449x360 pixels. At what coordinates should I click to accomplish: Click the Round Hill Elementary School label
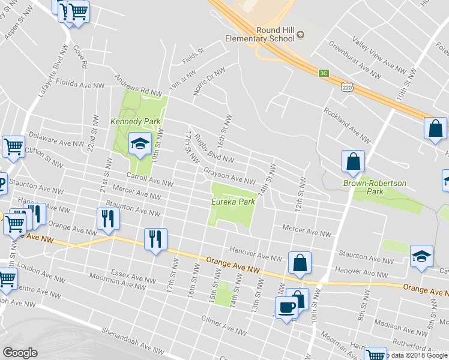tap(259, 34)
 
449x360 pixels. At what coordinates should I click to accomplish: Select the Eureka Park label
tap(233, 202)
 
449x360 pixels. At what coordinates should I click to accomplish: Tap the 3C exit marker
tap(324, 73)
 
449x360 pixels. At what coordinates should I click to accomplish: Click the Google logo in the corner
tap(19, 353)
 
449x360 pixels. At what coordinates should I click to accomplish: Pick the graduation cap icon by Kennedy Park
tap(140, 144)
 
